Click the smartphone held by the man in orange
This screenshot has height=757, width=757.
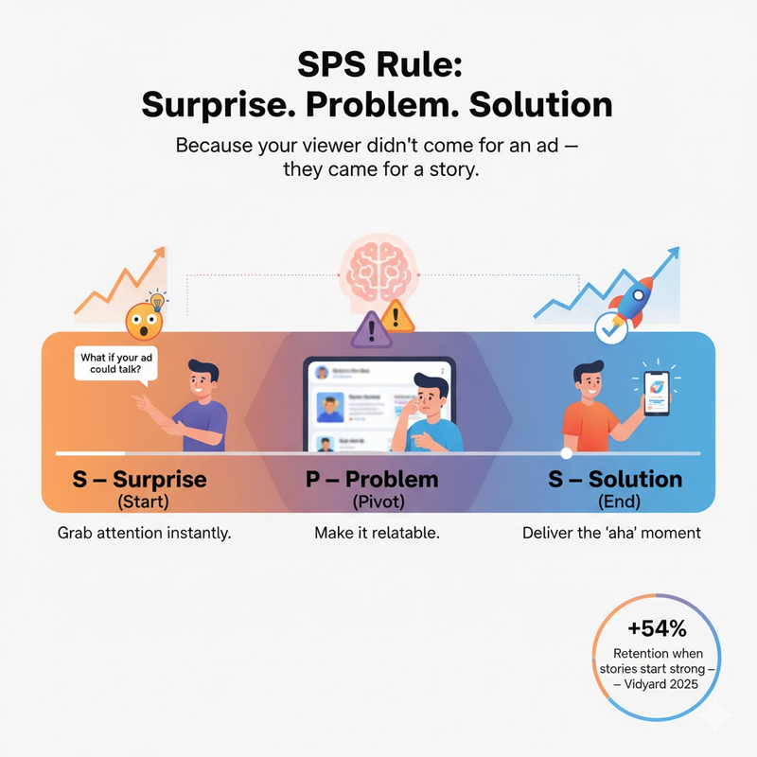point(657,391)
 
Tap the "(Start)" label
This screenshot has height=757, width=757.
point(139,501)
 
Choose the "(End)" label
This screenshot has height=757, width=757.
point(615,501)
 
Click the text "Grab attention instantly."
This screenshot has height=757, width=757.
point(145,533)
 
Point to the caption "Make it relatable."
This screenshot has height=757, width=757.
point(377,533)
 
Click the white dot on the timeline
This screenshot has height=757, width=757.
point(566,453)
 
